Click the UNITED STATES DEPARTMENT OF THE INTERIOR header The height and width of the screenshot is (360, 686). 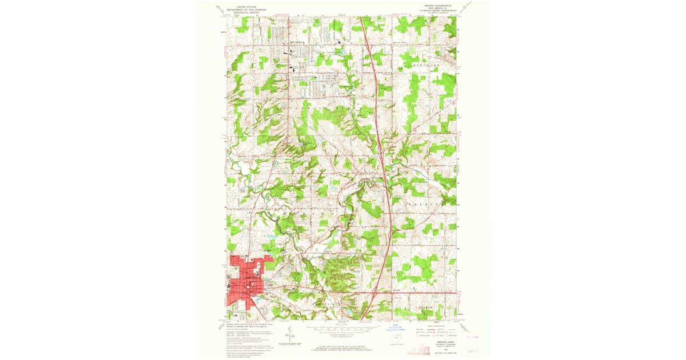246,8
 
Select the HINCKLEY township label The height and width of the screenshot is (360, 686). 426,66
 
